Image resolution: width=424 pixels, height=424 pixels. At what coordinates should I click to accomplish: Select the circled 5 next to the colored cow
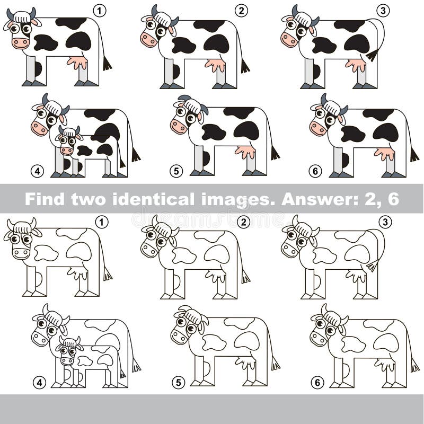176,171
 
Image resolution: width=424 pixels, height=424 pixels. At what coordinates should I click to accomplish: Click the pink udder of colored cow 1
77,63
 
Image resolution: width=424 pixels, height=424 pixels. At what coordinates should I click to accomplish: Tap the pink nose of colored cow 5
178,126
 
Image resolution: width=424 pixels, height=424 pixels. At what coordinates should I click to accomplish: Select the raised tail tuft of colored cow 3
373,55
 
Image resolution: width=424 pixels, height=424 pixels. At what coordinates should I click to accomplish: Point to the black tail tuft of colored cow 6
414,155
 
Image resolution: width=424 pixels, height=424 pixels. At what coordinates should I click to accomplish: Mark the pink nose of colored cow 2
148,39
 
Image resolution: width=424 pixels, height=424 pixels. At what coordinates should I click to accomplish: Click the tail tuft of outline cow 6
414,366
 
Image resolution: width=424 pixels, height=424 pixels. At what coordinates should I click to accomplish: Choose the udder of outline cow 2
216,276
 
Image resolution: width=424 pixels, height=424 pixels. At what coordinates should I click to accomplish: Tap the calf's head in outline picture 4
68,351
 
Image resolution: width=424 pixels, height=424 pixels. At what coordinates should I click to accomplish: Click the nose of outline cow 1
20,253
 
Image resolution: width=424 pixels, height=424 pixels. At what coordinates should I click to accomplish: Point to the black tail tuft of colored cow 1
107,64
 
